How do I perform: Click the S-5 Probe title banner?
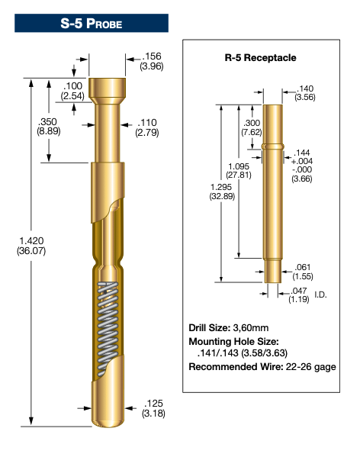click(92, 23)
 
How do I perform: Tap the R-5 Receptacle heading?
click(260, 58)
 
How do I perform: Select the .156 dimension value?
click(152, 56)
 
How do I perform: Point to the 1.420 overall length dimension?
click(31, 240)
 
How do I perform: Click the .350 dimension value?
click(48, 121)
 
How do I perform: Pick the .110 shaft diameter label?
click(147, 123)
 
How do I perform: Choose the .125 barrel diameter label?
click(153, 403)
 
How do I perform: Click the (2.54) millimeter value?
click(72, 95)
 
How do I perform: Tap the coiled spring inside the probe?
click(108, 329)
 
